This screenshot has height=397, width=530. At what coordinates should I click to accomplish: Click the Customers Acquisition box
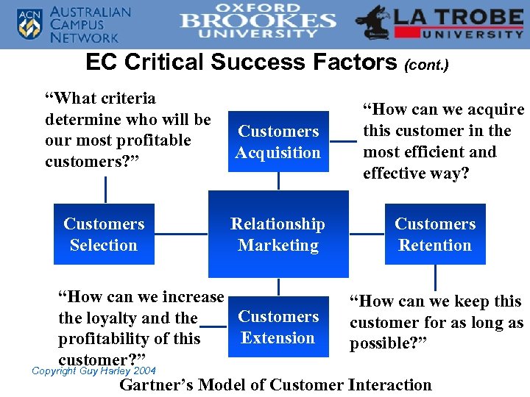point(278,142)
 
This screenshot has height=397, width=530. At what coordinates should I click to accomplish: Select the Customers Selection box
point(104,235)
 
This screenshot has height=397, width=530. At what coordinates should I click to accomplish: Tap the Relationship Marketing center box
point(278,235)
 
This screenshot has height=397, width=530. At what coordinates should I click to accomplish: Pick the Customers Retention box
point(435,235)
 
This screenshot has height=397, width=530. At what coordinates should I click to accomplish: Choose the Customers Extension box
point(278,327)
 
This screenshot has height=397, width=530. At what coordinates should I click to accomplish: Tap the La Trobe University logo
point(439,24)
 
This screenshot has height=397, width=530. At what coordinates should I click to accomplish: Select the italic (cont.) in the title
point(426,65)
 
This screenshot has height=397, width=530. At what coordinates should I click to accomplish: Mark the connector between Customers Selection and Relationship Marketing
point(181,235)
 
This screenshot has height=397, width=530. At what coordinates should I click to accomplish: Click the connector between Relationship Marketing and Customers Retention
point(367,235)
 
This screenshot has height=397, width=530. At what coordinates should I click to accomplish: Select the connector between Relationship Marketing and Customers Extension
point(278,287)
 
